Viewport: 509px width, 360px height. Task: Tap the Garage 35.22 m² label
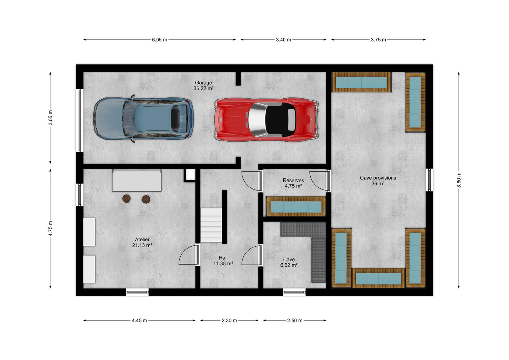pos(203,85)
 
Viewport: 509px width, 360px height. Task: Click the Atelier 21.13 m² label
pos(142,242)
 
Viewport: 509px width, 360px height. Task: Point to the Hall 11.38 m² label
pos(223,261)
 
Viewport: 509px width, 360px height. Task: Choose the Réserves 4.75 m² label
pos(293,183)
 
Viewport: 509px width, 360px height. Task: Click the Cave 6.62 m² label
pos(289,262)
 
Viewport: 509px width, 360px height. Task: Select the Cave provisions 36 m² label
pos(378,181)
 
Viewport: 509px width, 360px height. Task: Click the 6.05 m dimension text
pos(160,40)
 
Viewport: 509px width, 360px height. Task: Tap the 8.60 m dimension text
pos(459,180)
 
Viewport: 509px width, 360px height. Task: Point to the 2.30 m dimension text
pos(229,320)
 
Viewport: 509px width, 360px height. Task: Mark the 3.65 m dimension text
pos(50,118)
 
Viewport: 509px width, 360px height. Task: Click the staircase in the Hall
pos(211,225)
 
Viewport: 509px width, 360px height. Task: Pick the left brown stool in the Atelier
pos(126,199)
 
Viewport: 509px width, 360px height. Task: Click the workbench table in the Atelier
pos(137,180)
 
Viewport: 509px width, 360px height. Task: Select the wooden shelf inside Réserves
pos(296,206)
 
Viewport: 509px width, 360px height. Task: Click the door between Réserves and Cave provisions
pos(320,181)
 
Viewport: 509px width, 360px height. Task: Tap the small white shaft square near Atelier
pos(190,175)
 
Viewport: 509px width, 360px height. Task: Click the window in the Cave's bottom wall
pos(294,292)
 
